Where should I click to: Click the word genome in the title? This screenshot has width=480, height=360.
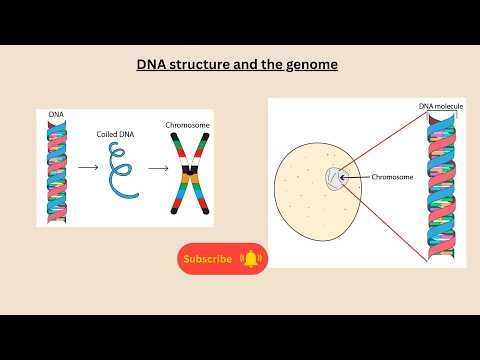313,65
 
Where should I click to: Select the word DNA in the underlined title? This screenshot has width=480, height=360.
152,65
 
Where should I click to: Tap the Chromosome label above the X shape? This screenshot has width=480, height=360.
187,126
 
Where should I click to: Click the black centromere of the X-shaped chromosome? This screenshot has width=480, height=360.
187,181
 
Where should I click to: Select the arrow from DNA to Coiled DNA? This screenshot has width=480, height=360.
88,168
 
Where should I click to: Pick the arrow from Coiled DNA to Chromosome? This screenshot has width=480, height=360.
154,168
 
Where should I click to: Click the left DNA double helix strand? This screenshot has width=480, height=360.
57,170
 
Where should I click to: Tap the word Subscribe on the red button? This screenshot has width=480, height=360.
208,259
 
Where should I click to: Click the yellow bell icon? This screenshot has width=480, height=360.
250,259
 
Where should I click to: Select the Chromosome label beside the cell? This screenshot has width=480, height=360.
392,178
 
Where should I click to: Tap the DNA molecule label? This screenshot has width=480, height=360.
438,106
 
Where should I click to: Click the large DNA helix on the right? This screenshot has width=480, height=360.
441,185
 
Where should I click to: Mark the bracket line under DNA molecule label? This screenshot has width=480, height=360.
441,113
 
